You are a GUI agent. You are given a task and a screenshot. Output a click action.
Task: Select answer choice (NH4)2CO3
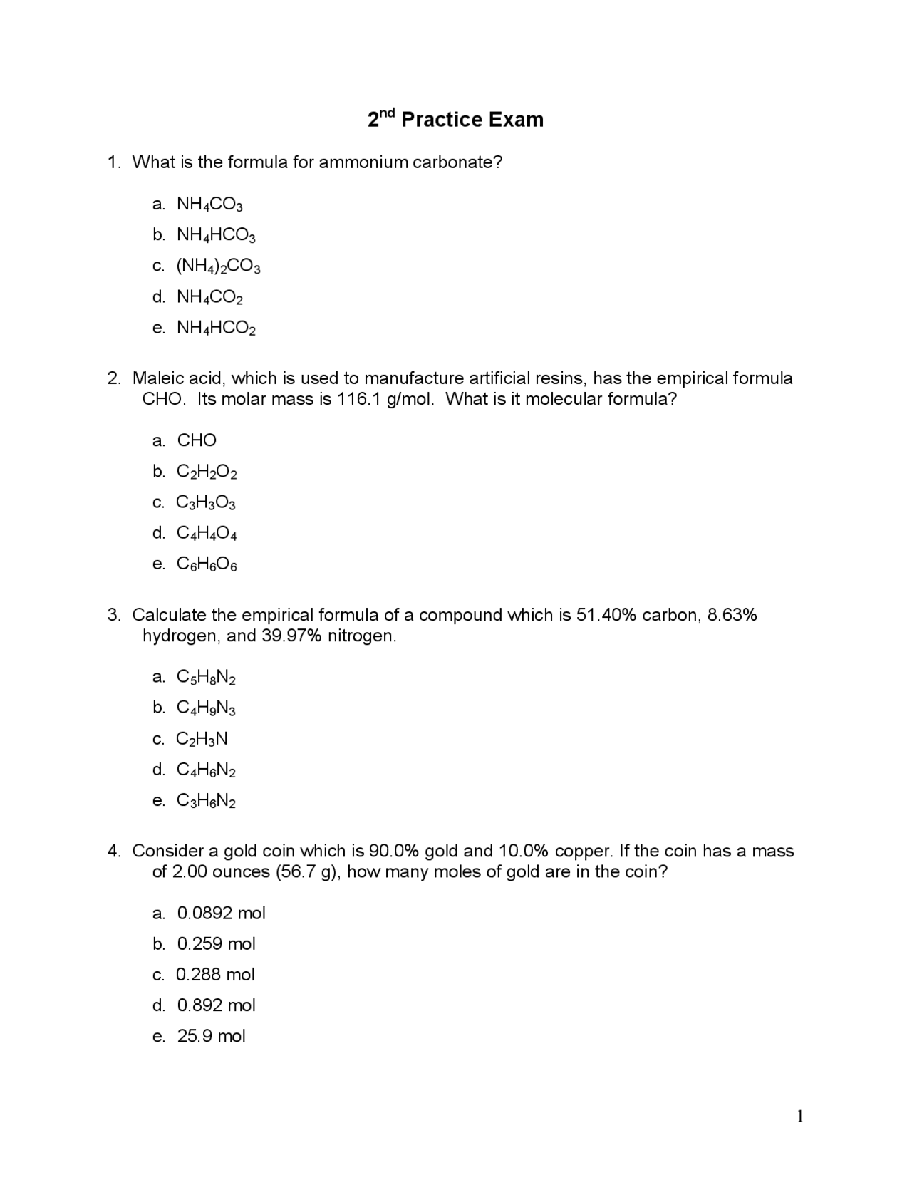(x=218, y=266)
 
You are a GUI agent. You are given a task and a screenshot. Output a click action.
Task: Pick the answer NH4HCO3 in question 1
(x=215, y=235)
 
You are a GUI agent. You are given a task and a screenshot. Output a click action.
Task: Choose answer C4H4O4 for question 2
(x=207, y=534)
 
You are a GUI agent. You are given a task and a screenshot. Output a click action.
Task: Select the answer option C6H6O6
(x=207, y=564)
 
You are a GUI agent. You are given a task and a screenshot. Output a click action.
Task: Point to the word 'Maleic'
(x=157, y=378)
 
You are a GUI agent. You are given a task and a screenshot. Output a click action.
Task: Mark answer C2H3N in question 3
(x=202, y=739)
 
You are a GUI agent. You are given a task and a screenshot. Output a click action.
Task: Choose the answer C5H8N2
(x=206, y=677)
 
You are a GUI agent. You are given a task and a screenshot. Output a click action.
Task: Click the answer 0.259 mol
(x=216, y=944)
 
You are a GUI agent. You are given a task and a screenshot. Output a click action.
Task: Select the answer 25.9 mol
(x=211, y=1036)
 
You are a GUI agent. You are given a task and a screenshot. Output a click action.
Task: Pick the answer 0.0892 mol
(x=221, y=914)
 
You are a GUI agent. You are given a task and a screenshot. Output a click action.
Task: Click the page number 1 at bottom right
(x=800, y=1117)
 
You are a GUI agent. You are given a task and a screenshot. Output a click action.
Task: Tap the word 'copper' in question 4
(x=582, y=852)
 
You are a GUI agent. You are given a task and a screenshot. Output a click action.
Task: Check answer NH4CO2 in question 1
(x=209, y=297)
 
